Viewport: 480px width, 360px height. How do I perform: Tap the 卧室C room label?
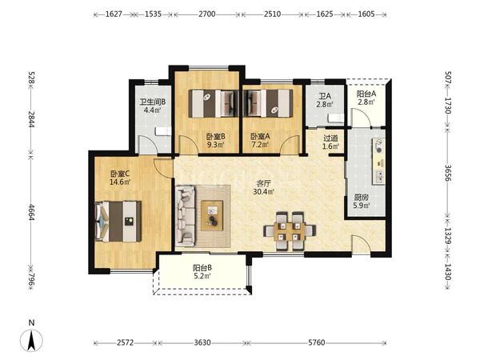tap(120, 174)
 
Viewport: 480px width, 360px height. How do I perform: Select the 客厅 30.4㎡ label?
tap(263, 188)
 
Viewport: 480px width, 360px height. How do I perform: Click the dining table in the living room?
tap(290, 231)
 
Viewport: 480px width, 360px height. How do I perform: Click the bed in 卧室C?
tap(118, 221)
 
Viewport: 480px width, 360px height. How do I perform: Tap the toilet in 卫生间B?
tap(163, 131)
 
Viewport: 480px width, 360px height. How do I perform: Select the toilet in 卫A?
tap(336, 118)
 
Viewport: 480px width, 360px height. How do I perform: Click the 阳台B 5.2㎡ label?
tap(202, 272)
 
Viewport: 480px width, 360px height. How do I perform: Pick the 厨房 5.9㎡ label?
tap(362, 202)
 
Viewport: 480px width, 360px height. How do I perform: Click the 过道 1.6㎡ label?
tap(331, 142)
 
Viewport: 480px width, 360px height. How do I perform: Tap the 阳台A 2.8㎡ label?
tap(366, 98)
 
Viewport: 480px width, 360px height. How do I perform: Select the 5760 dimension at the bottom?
tap(317, 342)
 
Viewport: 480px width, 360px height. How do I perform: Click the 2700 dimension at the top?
tap(207, 14)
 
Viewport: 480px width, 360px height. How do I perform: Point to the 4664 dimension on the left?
tap(31, 212)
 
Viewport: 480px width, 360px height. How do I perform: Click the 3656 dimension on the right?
tap(448, 173)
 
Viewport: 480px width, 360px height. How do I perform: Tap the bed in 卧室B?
tap(214, 103)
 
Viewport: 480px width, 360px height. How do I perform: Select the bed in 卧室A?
tap(268, 103)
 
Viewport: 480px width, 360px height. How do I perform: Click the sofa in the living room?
tap(186, 216)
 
